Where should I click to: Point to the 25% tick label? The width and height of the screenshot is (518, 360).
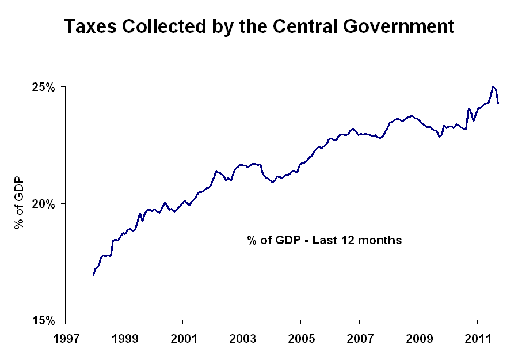point(43,88)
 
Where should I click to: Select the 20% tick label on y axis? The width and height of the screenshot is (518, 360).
point(43,204)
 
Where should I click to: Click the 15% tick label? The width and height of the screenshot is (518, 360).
point(43,320)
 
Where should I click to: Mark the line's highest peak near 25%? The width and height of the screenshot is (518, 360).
point(493,87)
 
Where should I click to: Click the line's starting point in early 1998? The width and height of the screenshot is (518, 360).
point(93,275)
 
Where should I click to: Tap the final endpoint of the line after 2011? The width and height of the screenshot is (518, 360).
point(498,104)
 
